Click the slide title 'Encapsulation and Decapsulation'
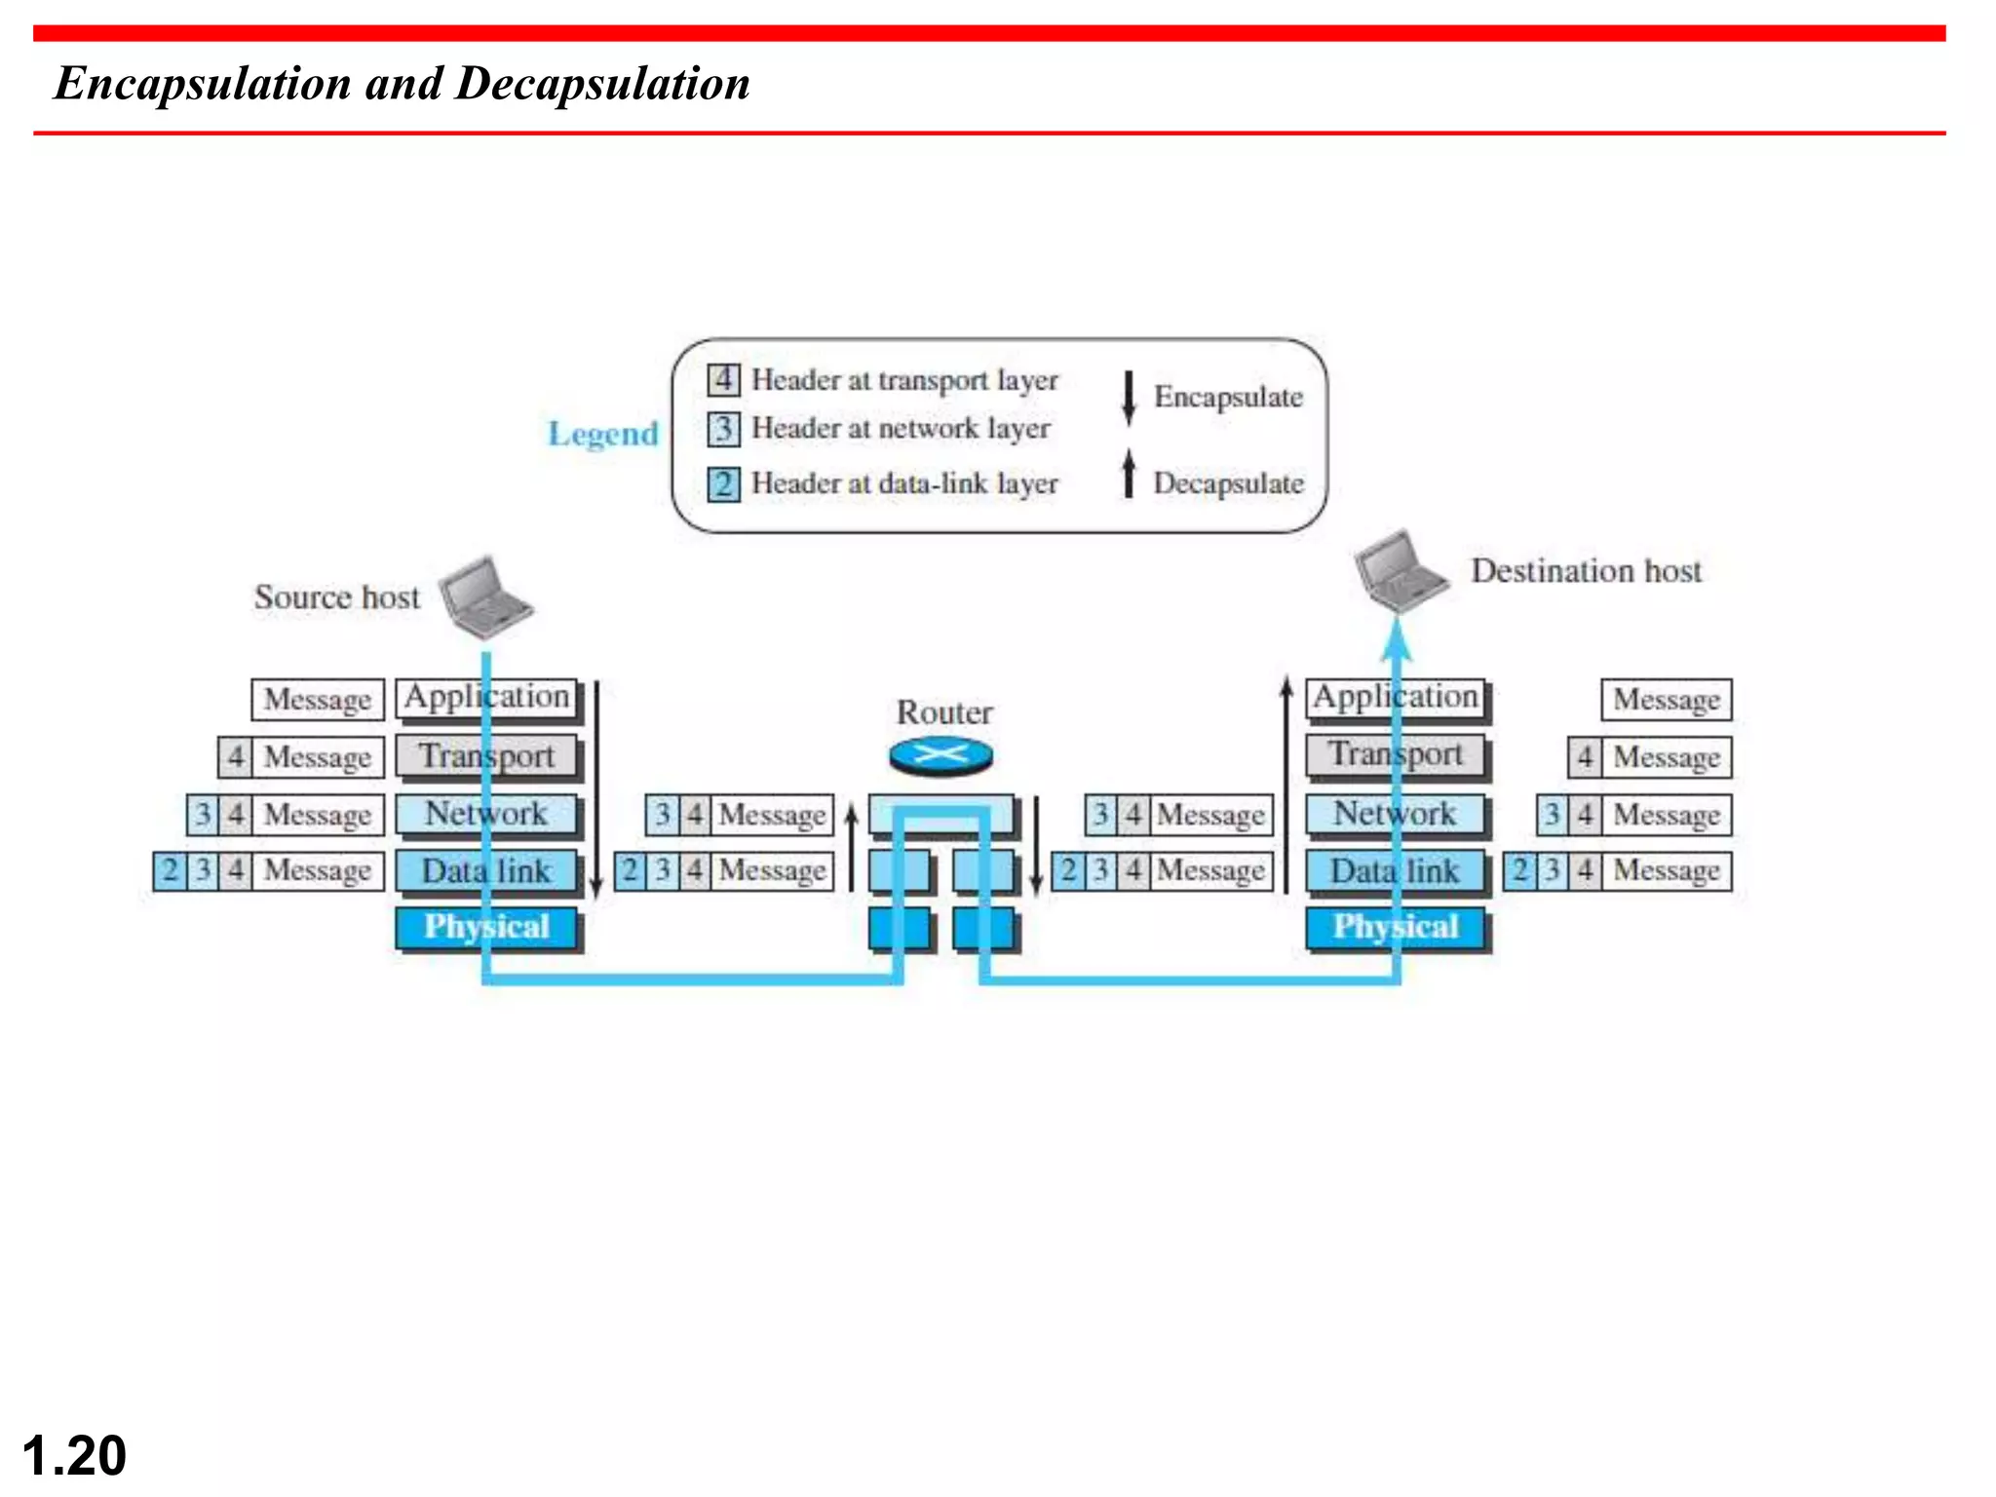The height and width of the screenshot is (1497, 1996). pyautogui.click(x=402, y=84)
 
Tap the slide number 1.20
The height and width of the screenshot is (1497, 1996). pyautogui.click(x=74, y=1455)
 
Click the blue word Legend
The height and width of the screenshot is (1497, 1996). pyautogui.click(x=602, y=434)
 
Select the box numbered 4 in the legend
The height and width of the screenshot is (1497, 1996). pyautogui.click(x=723, y=379)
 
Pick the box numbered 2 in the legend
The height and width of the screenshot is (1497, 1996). pyautogui.click(x=723, y=483)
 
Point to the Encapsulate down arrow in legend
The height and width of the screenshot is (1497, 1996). pyautogui.click(x=1129, y=397)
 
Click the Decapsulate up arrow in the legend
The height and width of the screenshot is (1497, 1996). pyautogui.click(x=1129, y=474)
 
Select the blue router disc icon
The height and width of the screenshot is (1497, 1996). pyautogui.click(x=940, y=755)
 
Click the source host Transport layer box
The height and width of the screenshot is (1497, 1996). pyautogui.click(x=485, y=756)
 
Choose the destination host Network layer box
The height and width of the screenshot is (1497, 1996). pyautogui.click(x=1395, y=814)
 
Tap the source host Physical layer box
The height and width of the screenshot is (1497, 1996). pyautogui.click(x=485, y=927)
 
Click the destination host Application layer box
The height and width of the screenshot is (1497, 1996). pyautogui.click(x=1395, y=698)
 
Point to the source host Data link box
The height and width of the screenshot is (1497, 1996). pyautogui.click(x=485, y=870)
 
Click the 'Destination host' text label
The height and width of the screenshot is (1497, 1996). pyautogui.click(x=1586, y=571)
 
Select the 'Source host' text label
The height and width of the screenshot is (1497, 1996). pyautogui.click(x=336, y=596)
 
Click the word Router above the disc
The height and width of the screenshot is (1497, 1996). pyautogui.click(x=943, y=712)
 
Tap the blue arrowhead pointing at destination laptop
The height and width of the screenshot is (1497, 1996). pyautogui.click(x=1397, y=638)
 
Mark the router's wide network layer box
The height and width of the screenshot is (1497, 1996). pyautogui.click(x=940, y=814)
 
